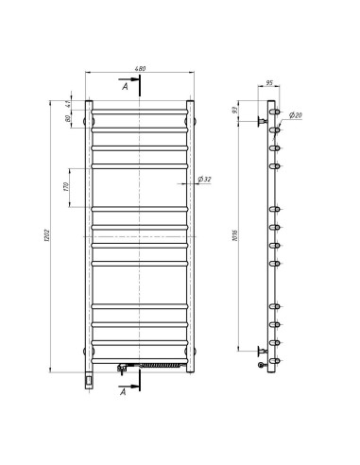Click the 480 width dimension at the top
(140, 69)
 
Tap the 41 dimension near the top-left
(68, 104)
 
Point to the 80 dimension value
(68, 120)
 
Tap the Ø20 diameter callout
(295, 115)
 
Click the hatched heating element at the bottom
(158, 363)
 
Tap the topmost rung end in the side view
(275, 112)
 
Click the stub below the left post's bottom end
(88, 379)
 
